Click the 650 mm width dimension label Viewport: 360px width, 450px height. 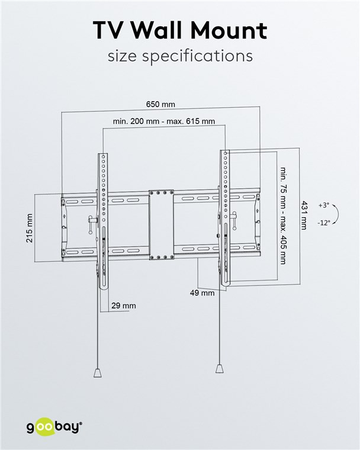pos(160,104)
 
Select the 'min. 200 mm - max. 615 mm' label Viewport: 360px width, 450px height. pos(164,121)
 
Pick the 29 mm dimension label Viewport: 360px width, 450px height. pos(124,306)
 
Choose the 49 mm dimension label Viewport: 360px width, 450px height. pos(202,292)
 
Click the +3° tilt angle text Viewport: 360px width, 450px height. pos(323,205)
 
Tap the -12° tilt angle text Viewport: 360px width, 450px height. pos(323,223)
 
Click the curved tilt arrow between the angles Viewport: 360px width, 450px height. pos(335,214)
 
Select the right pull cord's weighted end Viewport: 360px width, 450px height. pos(220,368)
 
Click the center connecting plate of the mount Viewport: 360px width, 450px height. pos(161,225)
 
